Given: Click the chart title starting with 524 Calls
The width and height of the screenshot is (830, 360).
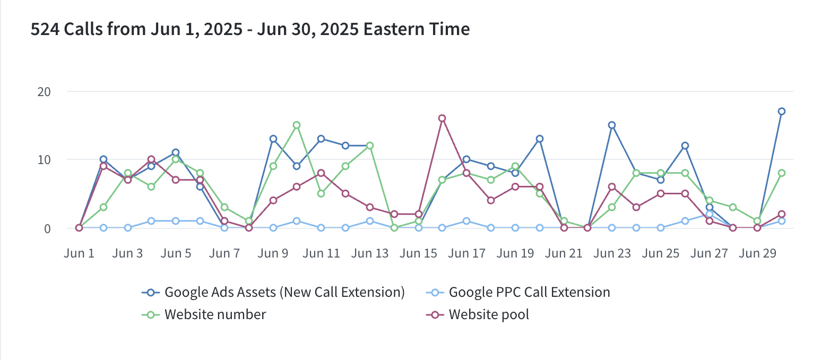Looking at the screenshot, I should (250, 29).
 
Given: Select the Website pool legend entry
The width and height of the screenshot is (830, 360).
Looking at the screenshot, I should (489, 314).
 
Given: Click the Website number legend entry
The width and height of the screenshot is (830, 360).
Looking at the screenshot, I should (215, 314).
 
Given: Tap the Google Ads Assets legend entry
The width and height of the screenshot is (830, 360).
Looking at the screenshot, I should (284, 292).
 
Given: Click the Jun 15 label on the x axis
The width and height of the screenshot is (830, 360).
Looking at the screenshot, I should (418, 253).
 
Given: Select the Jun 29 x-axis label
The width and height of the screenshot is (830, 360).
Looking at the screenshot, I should (757, 253).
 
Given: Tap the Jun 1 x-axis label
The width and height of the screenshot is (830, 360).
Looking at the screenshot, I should (79, 253).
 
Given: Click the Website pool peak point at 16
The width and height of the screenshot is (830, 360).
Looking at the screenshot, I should (442, 118).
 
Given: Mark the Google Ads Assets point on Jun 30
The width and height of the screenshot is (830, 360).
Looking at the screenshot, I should (781, 112).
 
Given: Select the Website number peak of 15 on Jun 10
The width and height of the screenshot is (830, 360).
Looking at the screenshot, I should (297, 125).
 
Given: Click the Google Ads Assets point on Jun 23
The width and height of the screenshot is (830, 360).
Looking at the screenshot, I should (612, 125).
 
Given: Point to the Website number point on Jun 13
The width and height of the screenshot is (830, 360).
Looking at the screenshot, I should (369, 145).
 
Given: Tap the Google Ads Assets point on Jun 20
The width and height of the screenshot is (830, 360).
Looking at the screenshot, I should (539, 139).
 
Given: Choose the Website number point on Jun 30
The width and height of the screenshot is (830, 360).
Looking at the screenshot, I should (781, 173).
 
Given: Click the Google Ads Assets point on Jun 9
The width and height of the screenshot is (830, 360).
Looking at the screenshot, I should (273, 139).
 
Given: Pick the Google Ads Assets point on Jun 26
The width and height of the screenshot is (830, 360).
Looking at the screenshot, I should (685, 145).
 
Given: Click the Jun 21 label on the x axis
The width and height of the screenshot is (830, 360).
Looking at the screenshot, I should (563, 253).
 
